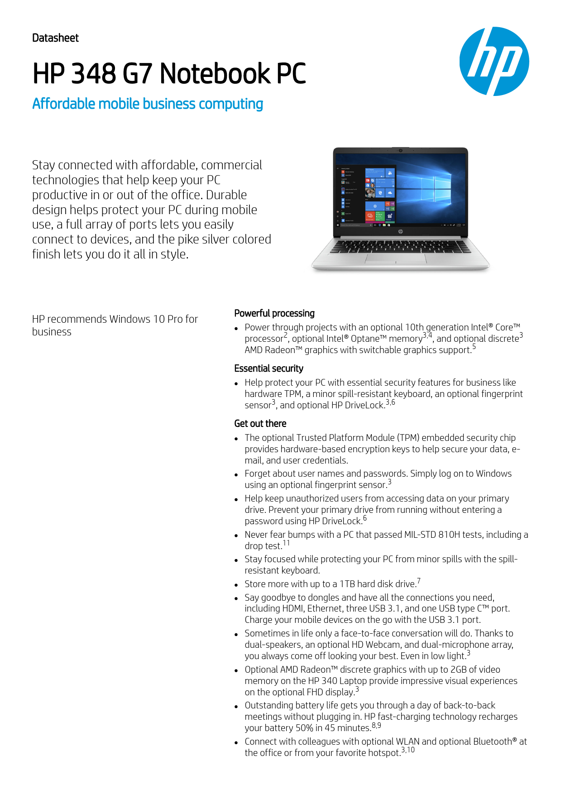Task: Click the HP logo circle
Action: coord(494,61)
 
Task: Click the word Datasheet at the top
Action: coord(55,38)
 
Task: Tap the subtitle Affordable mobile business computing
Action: coord(148,104)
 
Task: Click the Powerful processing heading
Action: coord(274,313)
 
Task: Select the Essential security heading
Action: coord(269,368)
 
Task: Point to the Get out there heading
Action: coord(260,424)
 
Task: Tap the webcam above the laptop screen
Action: coord(400,150)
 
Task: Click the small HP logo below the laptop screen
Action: coord(400,231)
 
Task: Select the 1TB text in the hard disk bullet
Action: coord(347,584)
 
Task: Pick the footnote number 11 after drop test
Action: coord(286,543)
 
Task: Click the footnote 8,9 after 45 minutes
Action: coord(376,725)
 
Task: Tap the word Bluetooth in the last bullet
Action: coord(492,741)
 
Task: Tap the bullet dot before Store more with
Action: coord(236,585)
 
